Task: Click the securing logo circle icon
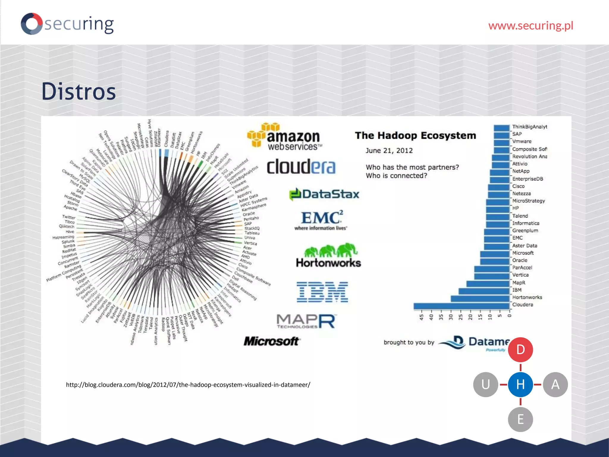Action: coord(32,24)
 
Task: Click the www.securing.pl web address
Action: coord(530,26)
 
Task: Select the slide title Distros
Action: coord(79,91)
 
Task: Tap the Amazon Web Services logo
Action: coord(285,137)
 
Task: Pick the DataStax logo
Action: coord(324,194)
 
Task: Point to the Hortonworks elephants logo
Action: coord(328,255)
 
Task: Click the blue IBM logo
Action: coord(322,292)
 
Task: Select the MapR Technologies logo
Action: coord(306,321)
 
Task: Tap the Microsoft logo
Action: coord(271,341)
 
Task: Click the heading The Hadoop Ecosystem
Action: coord(415,136)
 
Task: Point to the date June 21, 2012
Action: coord(389,151)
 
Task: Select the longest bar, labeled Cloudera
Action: coord(461,306)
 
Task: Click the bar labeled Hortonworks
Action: coord(480,298)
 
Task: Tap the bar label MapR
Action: coord(519,283)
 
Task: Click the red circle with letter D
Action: coord(520,350)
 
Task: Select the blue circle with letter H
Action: coord(520,384)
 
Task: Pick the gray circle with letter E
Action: coord(520,420)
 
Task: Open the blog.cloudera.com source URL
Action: coord(188,385)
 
